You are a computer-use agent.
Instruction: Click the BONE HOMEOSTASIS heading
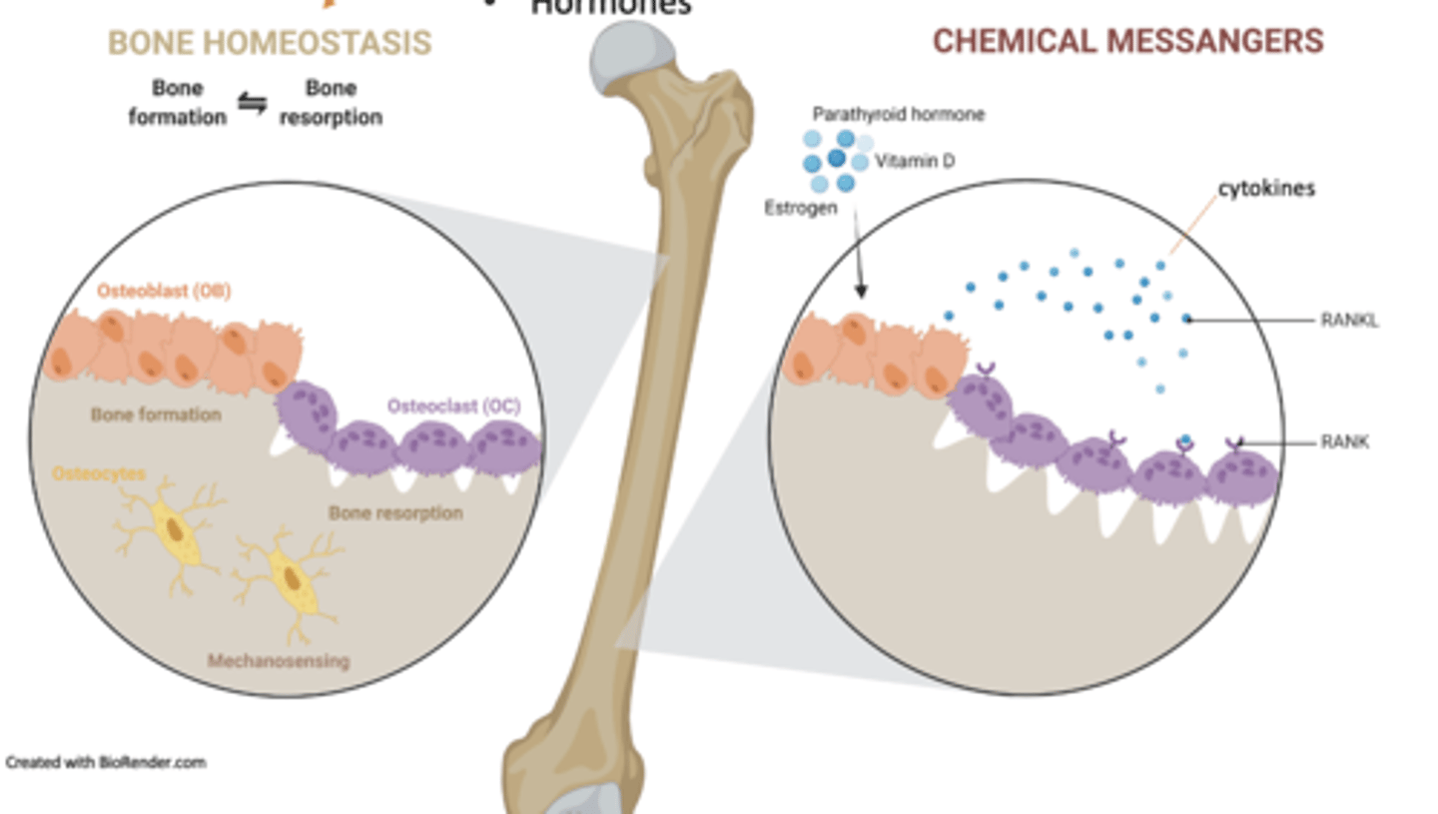(x=270, y=43)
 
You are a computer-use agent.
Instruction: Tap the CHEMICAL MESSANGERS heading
(x=1127, y=42)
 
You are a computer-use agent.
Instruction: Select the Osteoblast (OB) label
(x=164, y=292)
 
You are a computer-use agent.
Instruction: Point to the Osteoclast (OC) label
(x=453, y=407)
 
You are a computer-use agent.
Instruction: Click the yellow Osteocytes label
(x=99, y=474)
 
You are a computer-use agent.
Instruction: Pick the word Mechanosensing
(x=279, y=660)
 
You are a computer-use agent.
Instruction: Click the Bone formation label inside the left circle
(x=156, y=413)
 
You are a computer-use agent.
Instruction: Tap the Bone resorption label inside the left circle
(x=395, y=513)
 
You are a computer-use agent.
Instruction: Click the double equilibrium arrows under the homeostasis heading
(x=252, y=103)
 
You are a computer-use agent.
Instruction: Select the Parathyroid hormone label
(x=898, y=115)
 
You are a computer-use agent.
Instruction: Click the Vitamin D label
(x=914, y=160)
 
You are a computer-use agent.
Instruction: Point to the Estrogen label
(x=800, y=208)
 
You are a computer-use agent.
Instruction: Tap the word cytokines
(x=1265, y=188)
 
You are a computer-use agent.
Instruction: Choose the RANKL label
(x=1349, y=321)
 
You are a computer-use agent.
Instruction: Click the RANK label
(x=1344, y=441)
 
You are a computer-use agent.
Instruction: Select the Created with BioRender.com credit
(x=106, y=762)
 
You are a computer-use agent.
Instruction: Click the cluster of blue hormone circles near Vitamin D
(x=833, y=160)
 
